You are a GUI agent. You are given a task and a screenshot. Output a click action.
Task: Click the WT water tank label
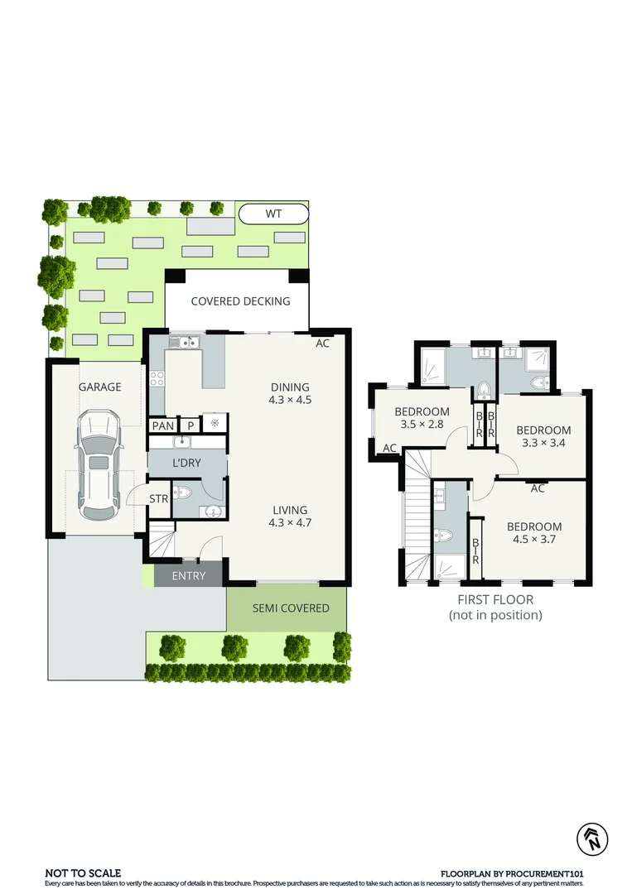[273, 214]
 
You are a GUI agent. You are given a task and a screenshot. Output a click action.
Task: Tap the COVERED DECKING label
[240, 301]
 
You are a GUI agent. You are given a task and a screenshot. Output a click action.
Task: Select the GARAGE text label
[99, 387]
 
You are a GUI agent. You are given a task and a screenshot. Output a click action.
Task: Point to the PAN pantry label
[163, 426]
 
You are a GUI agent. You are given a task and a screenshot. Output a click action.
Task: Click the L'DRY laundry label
[186, 463]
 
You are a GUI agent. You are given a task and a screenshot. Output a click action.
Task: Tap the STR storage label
[159, 498]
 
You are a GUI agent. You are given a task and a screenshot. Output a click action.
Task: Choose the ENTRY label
[188, 576]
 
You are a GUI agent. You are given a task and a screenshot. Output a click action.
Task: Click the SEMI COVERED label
[291, 608]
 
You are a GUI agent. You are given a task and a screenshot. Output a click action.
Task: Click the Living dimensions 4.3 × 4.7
[289, 522]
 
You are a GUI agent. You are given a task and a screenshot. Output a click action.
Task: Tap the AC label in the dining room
[323, 343]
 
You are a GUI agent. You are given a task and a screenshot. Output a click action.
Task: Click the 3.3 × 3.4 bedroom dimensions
[543, 443]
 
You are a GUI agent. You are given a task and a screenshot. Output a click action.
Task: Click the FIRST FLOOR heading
[495, 599]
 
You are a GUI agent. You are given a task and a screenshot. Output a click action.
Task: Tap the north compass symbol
[593, 839]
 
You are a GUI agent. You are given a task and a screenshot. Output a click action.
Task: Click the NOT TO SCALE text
[83, 872]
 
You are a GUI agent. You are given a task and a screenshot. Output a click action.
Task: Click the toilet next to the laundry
[186, 493]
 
